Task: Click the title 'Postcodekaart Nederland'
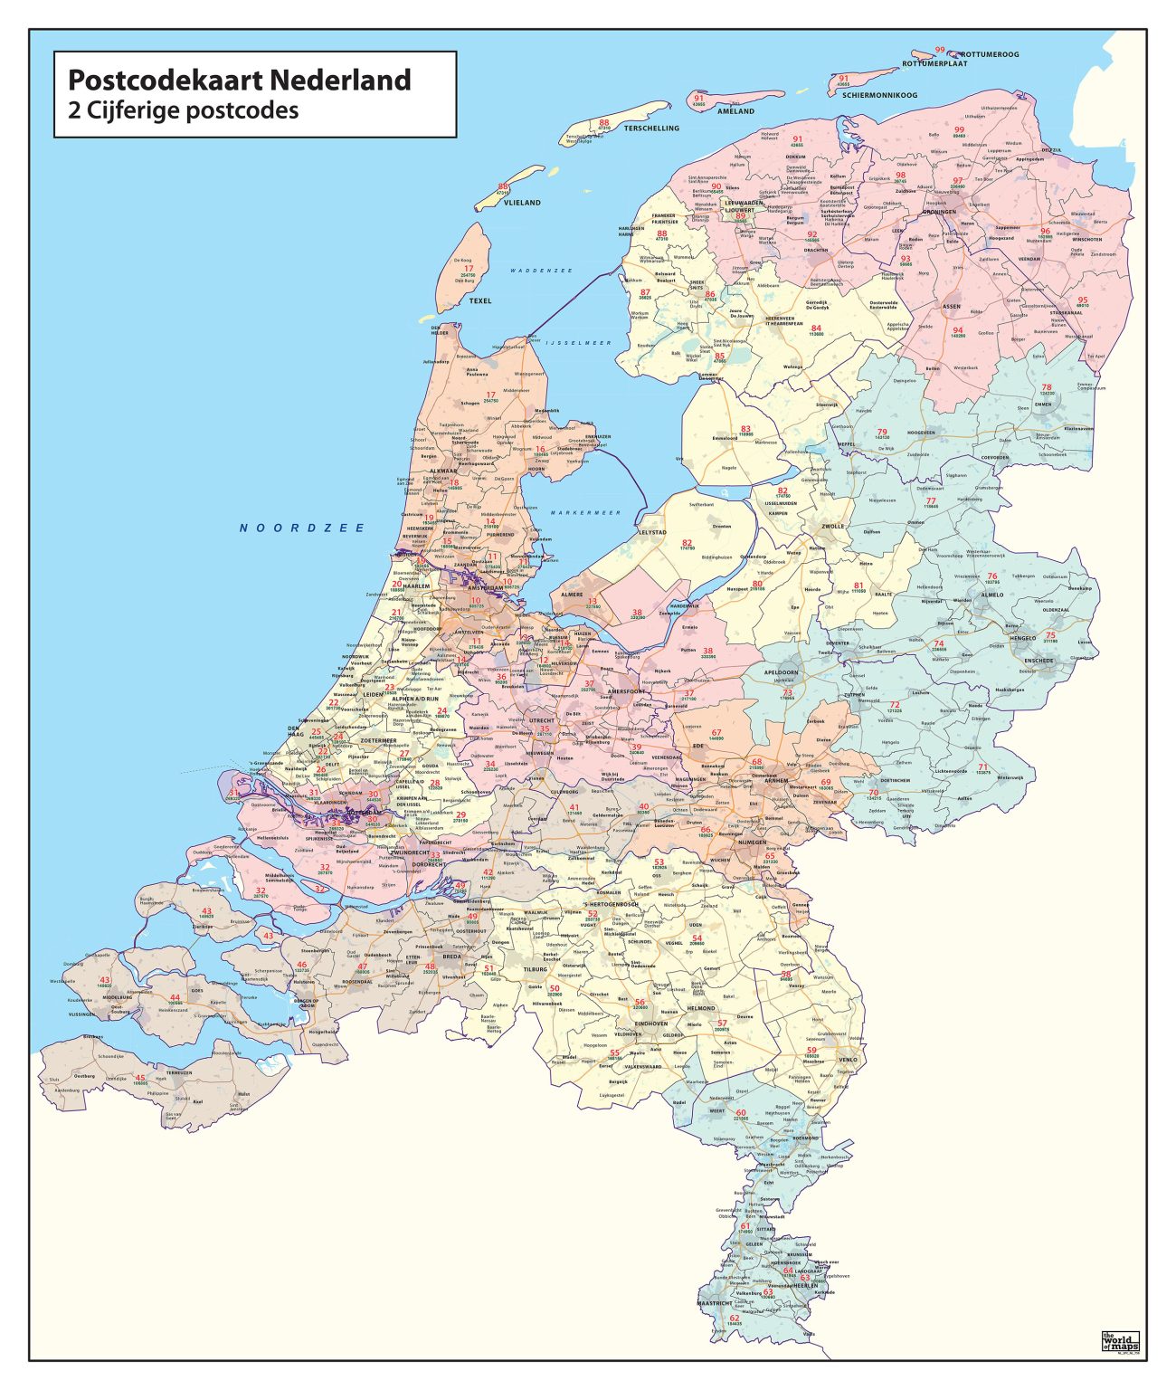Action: (x=240, y=80)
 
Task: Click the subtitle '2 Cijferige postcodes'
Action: (x=184, y=111)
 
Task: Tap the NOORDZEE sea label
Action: (x=302, y=528)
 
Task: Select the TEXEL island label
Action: (x=480, y=300)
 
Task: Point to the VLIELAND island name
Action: (x=522, y=203)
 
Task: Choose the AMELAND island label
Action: (x=735, y=111)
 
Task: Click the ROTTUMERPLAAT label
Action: (x=934, y=64)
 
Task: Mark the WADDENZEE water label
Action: (x=541, y=271)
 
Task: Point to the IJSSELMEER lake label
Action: (x=579, y=343)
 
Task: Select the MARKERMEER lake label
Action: (x=586, y=512)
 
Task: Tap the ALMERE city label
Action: (x=573, y=595)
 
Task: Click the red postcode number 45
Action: (x=140, y=1078)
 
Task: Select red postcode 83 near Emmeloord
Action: (x=745, y=429)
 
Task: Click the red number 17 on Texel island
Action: (x=468, y=269)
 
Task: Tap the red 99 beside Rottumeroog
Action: (x=940, y=51)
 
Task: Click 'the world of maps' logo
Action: (x=1120, y=1340)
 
